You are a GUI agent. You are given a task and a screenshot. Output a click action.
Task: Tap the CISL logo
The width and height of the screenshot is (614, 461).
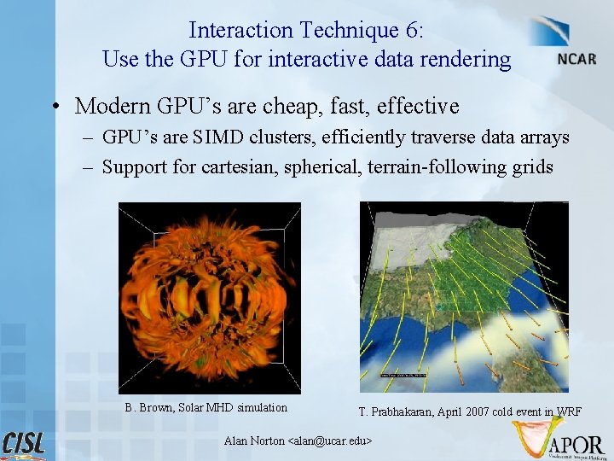pos(25,445)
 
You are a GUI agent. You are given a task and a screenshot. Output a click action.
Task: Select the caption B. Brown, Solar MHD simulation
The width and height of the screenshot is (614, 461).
pos(206,407)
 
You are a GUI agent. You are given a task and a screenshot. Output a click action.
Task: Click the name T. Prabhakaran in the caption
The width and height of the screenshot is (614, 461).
pos(397,411)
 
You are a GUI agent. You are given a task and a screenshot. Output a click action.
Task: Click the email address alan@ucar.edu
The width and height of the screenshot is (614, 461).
pos(332,441)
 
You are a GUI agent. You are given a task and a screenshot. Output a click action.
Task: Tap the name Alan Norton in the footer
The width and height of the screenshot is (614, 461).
pos(254,441)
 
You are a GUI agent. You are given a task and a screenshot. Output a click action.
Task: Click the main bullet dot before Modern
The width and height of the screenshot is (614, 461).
pos(54,107)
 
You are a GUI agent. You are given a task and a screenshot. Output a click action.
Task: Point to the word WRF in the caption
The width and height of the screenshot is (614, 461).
pos(569,411)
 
